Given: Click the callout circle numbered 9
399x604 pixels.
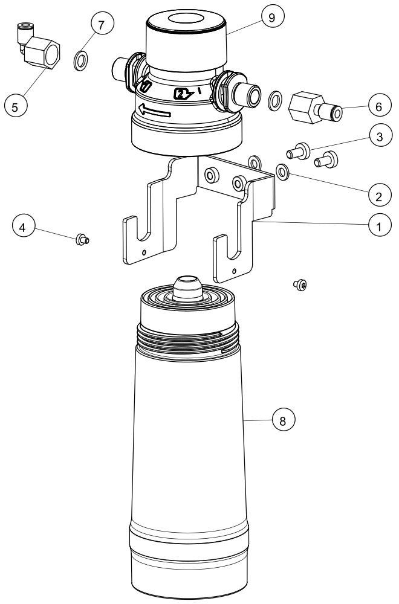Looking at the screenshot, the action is [272, 18].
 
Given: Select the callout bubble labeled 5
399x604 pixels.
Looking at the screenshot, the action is [16, 106].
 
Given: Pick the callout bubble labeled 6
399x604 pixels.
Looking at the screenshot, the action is [378, 106].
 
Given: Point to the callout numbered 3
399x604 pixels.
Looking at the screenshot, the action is [380, 137].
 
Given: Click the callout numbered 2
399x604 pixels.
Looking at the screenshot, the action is [379, 196].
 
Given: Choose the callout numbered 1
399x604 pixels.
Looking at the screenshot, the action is [379, 226].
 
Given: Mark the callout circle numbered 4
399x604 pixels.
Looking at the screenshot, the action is [23, 226].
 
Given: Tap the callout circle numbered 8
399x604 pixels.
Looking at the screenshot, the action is [283, 420].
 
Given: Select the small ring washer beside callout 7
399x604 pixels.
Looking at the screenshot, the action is [80, 60].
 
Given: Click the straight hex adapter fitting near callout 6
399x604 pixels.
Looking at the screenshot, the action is [314, 108].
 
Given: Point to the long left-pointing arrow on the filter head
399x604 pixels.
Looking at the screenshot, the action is [155, 111].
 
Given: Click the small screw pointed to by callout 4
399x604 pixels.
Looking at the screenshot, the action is [82, 240].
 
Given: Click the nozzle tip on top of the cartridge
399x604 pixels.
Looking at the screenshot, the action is [187, 288].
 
